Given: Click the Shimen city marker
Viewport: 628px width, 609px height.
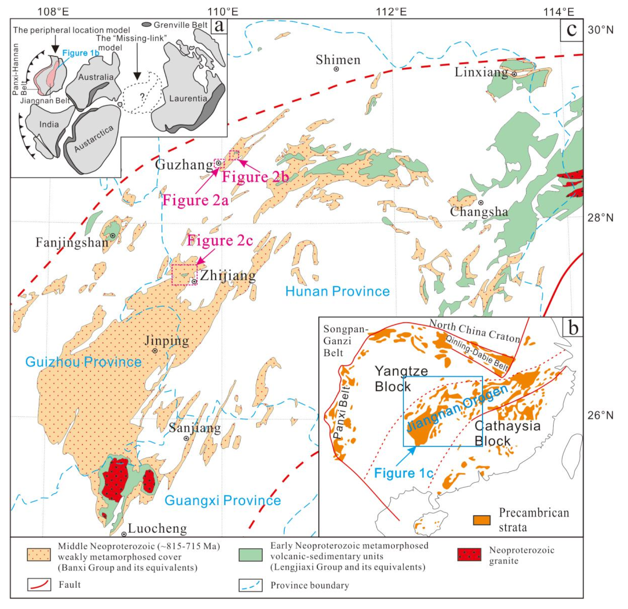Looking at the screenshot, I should pyautogui.click(x=336, y=69).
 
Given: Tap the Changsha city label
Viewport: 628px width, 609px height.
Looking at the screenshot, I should pyautogui.click(x=479, y=212).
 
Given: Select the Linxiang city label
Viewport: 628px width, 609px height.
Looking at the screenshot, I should pyautogui.click(x=481, y=72).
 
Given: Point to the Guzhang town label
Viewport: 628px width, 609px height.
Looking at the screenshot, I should pyautogui.click(x=184, y=164).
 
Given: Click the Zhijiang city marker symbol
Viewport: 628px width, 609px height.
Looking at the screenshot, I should pyautogui.click(x=194, y=281).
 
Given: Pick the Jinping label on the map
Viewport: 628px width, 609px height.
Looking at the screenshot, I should pyautogui.click(x=167, y=341).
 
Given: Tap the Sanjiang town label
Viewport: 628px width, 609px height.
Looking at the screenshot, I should pyautogui.click(x=195, y=428).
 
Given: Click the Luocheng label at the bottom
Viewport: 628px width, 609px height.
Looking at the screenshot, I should pyautogui.click(x=157, y=528).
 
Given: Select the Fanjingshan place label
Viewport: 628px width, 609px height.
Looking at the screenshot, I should pyautogui.click(x=72, y=242).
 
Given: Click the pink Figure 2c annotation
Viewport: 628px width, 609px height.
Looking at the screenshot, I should pyautogui.click(x=220, y=240).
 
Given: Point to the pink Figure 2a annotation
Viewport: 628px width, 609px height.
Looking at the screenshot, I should pyautogui.click(x=195, y=200).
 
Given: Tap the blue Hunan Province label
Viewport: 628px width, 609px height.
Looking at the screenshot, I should pyautogui.click(x=337, y=291).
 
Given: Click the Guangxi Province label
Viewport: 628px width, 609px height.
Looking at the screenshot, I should pyautogui.click(x=222, y=500).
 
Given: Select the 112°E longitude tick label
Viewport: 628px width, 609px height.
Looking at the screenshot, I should pyautogui.click(x=391, y=12).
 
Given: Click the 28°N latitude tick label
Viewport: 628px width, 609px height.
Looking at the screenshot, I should pyautogui.click(x=600, y=218).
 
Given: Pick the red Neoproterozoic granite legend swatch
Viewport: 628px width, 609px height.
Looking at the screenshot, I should pyautogui.click(x=469, y=555).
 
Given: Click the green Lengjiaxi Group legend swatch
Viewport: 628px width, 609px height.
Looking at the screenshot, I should pyautogui.click(x=250, y=555).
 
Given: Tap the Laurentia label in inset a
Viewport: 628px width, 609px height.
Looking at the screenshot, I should pyautogui.click(x=188, y=98).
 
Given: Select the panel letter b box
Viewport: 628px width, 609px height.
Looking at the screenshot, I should pyautogui.click(x=573, y=328).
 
